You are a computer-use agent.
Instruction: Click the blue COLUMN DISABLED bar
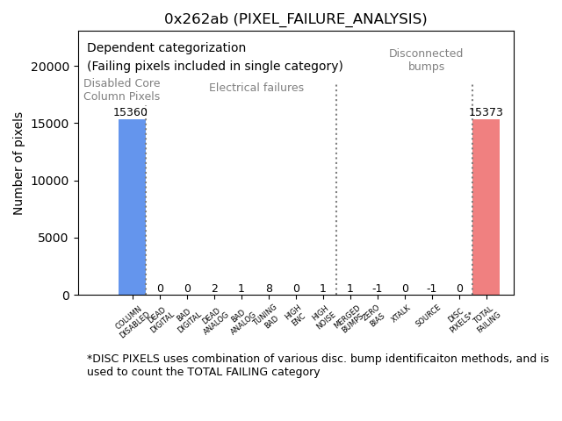click(132, 207)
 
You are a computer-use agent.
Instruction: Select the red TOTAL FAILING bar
click(486, 207)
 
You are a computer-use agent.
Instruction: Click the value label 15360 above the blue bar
click(131, 112)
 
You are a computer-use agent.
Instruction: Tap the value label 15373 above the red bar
click(486, 112)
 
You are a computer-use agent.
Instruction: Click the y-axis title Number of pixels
click(19, 163)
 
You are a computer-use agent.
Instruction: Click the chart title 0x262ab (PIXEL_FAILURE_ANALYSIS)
click(295, 19)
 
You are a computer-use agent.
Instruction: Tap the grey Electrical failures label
click(256, 88)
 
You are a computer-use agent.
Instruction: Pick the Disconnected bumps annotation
click(426, 60)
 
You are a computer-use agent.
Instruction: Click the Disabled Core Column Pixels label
click(122, 89)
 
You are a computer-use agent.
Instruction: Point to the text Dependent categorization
click(166, 48)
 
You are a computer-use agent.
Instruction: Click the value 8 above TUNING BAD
click(269, 289)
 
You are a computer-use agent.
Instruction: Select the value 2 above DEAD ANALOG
click(214, 289)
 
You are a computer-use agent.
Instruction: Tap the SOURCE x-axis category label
click(428, 316)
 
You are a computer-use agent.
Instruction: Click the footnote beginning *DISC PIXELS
click(317, 365)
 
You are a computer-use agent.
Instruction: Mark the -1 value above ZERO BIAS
click(377, 289)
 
